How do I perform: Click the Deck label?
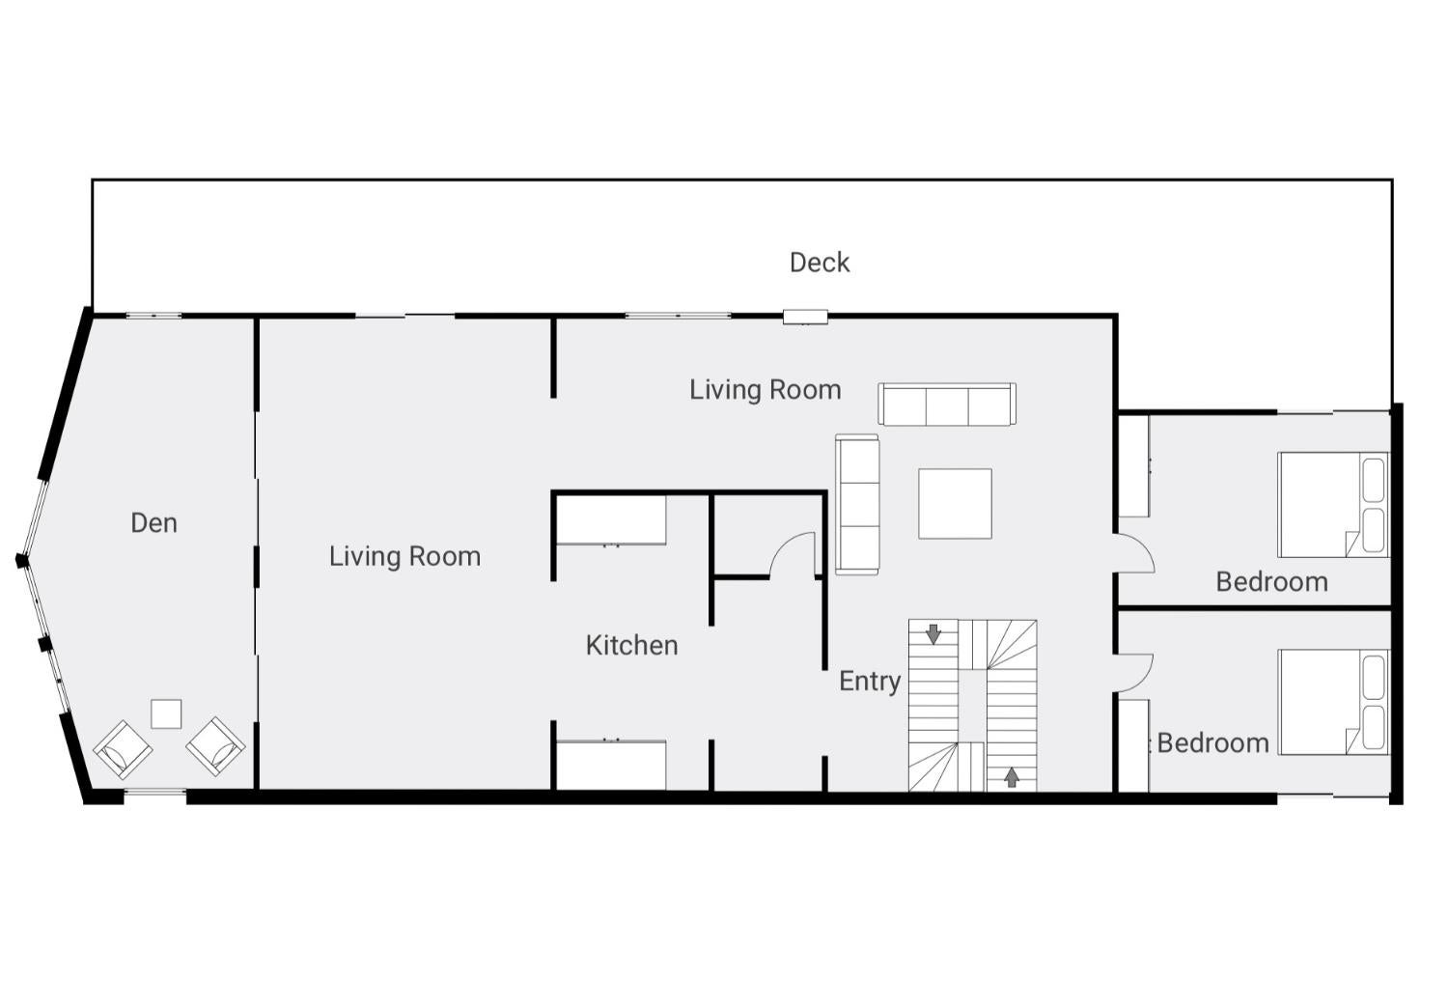[819, 263]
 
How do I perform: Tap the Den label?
[153, 523]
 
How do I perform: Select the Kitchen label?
[631, 645]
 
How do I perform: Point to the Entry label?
[870, 682]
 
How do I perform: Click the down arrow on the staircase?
[933, 634]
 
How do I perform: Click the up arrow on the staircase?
[1012, 776]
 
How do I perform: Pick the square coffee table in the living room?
[955, 504]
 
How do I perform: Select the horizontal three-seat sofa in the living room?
[946, 405]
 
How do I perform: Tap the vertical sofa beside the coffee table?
[857, 504]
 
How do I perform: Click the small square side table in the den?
[166, 713]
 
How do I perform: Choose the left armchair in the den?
[123, 750]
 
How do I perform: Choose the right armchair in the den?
[215, 746]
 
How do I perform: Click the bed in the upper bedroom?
[1333, 505]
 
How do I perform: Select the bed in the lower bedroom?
[1333, 702]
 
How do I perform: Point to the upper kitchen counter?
[611, 520]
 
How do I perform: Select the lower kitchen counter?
[611, 765]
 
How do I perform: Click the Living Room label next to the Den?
[404, 557]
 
